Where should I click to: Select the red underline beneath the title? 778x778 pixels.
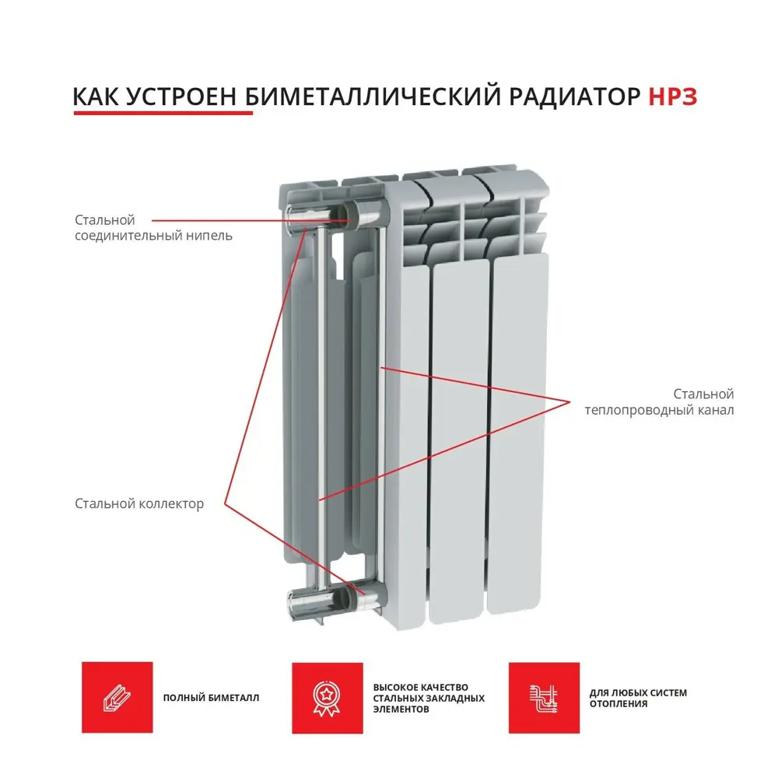click(x=163, y=114)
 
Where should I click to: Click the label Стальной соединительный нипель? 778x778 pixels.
click(x=152, y=227)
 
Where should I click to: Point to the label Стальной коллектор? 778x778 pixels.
click(x=139, y=504)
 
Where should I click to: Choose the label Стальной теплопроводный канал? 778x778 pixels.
click(x=659, y=402)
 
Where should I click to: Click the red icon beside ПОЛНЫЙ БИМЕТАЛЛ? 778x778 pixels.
click(x=117, y=697)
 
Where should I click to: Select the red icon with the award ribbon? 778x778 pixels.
click(x=327, y=698)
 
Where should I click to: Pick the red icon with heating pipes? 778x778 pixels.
click(x=544, y=698)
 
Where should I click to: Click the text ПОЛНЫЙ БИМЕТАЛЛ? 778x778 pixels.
click(x=211, y=698)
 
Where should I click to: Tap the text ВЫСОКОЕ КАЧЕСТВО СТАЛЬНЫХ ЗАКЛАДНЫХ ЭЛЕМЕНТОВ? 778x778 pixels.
click(x=429, y=698)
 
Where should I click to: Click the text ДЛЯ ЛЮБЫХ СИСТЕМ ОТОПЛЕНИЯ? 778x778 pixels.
click(x=638, y=698)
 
